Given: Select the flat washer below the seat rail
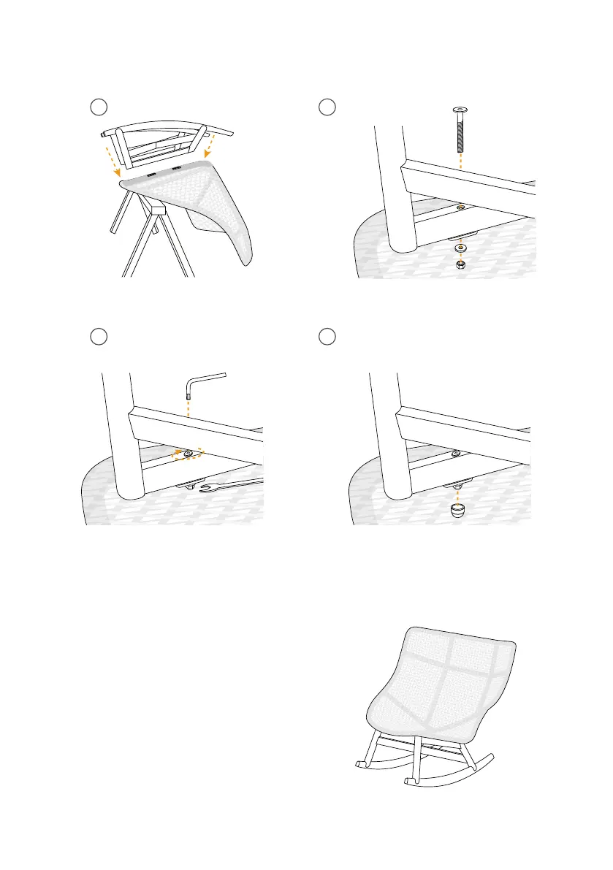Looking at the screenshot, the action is (461, 246).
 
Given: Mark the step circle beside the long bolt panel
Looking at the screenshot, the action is (328, 107).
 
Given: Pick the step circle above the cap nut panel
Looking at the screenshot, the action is (328, 336).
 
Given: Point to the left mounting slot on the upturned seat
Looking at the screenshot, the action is (152, 175).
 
